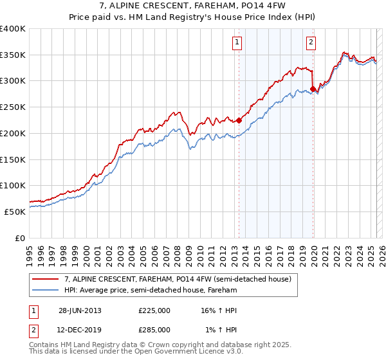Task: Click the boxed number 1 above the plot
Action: click(237, 43)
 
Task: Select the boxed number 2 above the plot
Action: click(311, 43)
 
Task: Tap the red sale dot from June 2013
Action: click(239, 120)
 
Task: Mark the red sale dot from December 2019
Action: click(313, 89)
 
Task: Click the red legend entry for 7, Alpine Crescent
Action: click(178, 279)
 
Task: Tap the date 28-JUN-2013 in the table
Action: click(80, 310)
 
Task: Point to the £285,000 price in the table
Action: click(154, 330)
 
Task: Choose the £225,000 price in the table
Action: click(154, 310)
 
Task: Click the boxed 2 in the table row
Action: click(32, 330)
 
